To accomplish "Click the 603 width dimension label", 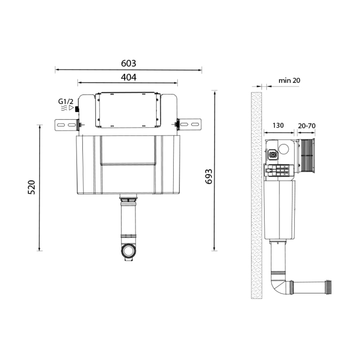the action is [129, 63].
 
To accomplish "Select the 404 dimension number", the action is [129, 77].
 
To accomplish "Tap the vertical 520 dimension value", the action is [32, 187].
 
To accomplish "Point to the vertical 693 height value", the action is [209, 177].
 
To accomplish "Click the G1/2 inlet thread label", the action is [66, 101].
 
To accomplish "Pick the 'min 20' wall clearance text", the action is [289, 80].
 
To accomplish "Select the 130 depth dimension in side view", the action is [278, 125].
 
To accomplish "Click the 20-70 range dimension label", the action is [307, 126].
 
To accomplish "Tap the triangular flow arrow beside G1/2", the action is [71, 108].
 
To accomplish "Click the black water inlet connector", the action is [77, 109].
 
